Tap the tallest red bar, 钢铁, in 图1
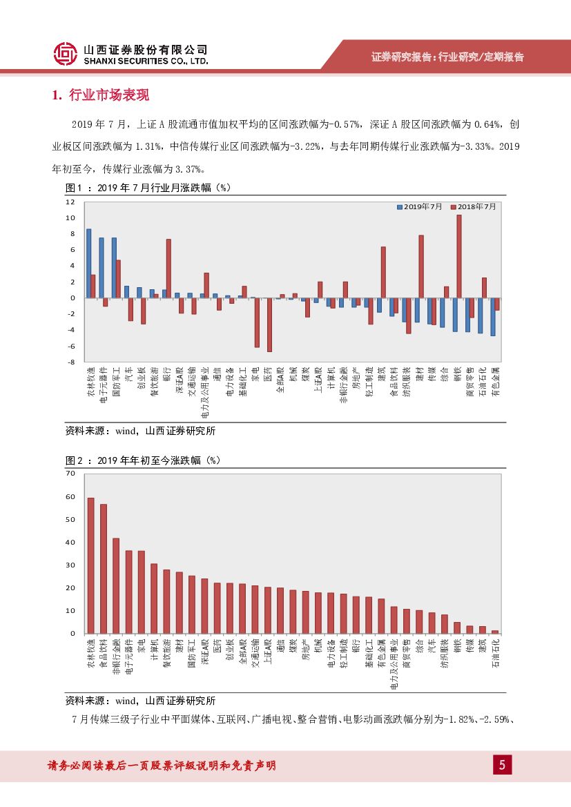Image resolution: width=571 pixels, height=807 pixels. tap(459, 256)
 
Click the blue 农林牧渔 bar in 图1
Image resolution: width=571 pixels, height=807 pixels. tap(88, 263)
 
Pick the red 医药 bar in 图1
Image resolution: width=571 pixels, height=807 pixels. tap(269, 324)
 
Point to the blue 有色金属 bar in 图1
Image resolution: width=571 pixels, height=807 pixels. tap(493, 317)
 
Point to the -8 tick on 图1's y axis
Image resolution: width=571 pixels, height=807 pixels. tap(70, 362)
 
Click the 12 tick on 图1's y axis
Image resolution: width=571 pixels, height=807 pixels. tap(70, 202)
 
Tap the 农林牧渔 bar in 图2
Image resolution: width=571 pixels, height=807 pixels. tap(90, 565)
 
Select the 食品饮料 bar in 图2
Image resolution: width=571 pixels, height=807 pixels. tap(104, 569)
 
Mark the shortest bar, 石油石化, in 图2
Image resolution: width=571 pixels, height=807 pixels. tap(494, 632)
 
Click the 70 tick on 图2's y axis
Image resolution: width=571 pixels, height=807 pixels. tap(70, 474)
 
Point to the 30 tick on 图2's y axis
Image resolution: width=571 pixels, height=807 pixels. tap(70, 565)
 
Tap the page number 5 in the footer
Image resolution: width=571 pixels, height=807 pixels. tap(502, 764)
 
